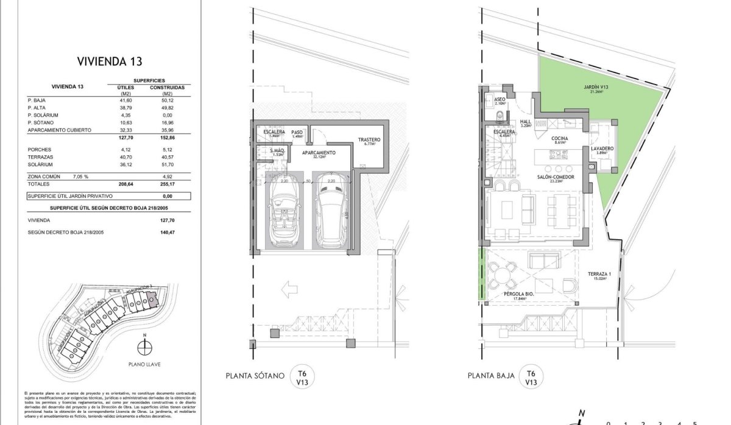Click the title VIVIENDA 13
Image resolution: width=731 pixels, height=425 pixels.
(x=110, y=61)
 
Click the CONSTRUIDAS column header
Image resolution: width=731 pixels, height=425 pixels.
(x=167, y=87)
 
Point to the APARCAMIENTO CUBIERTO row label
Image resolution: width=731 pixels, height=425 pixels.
(x=59, y=130)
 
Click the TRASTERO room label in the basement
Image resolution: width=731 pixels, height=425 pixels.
(x=370, y=139)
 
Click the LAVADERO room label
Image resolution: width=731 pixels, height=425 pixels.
(x=601, y=149)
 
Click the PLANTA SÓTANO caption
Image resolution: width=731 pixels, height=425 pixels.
(x=255, y=376)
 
